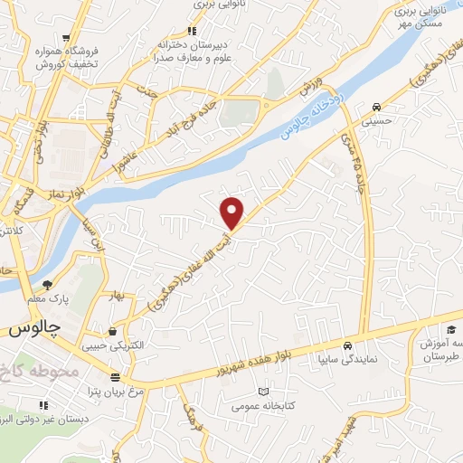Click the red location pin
(x=232, y=213)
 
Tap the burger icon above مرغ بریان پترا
(x=114, y=378)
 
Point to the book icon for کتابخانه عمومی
(x=264, y=391)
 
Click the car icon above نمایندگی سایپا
(x=347, y=345)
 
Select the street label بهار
(x=113, y=296)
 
